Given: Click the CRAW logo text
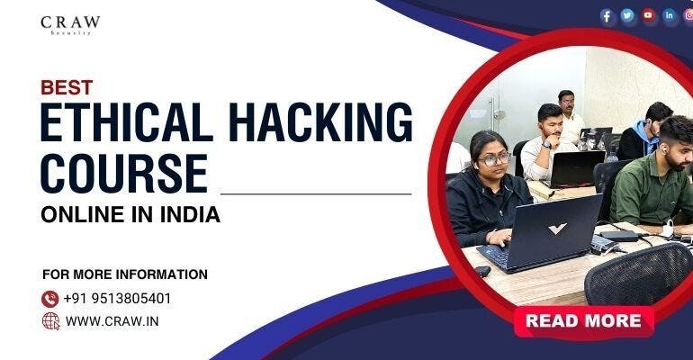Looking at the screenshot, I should point(70,22).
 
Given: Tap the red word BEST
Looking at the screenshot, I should point(67,87).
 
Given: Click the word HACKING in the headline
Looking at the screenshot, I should point(329,123).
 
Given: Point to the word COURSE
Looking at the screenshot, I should point(123,173).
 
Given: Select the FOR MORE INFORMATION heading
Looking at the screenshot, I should point(125,274).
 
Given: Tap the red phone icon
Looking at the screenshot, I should point(50,298).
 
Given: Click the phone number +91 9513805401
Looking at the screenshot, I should point(117,299).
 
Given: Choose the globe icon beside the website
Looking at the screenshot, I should point(50,320).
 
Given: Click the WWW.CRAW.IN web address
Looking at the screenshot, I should point(113,320).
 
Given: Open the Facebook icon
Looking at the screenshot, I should point(607,16).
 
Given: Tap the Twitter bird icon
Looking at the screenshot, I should point(627,15).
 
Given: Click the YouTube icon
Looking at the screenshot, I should point(648,15).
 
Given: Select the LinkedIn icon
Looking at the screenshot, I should point(669,15).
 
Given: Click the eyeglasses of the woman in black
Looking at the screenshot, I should point(494,159).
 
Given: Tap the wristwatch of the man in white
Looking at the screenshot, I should point(546,143).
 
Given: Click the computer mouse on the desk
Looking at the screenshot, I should point(482,270).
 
